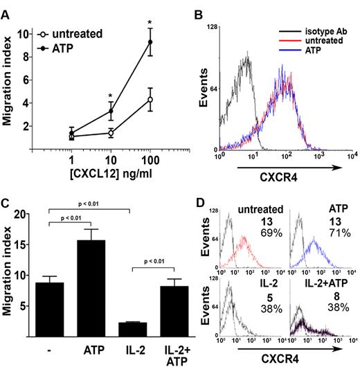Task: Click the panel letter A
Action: (x=8, y=8)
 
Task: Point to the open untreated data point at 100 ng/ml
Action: (x=149, y=100)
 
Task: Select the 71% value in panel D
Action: (x=336, y=240)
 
